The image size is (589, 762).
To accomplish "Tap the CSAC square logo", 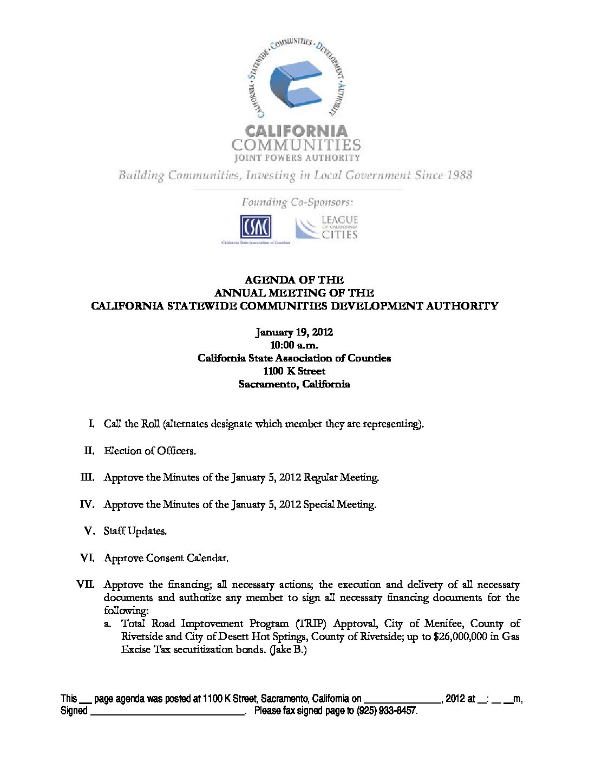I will click(256, 227).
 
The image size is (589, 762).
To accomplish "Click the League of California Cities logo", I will click(327, 227).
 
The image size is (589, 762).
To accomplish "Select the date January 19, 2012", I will click(294, 332).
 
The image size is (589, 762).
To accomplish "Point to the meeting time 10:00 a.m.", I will click(294, 345).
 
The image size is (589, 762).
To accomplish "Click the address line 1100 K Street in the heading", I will click(294, 371).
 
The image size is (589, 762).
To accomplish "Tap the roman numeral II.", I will click(89, 451).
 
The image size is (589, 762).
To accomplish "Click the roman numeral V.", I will click(89, 531).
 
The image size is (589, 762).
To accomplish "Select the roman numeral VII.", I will click(86, 584).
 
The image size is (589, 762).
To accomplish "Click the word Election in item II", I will click(122, 451).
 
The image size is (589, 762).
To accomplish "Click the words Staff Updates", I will click(135, 531).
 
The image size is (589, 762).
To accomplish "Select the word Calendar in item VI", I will click(207, 558).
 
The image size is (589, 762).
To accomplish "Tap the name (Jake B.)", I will click(288, 650).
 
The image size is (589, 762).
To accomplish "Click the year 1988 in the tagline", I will click(460, 175).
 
